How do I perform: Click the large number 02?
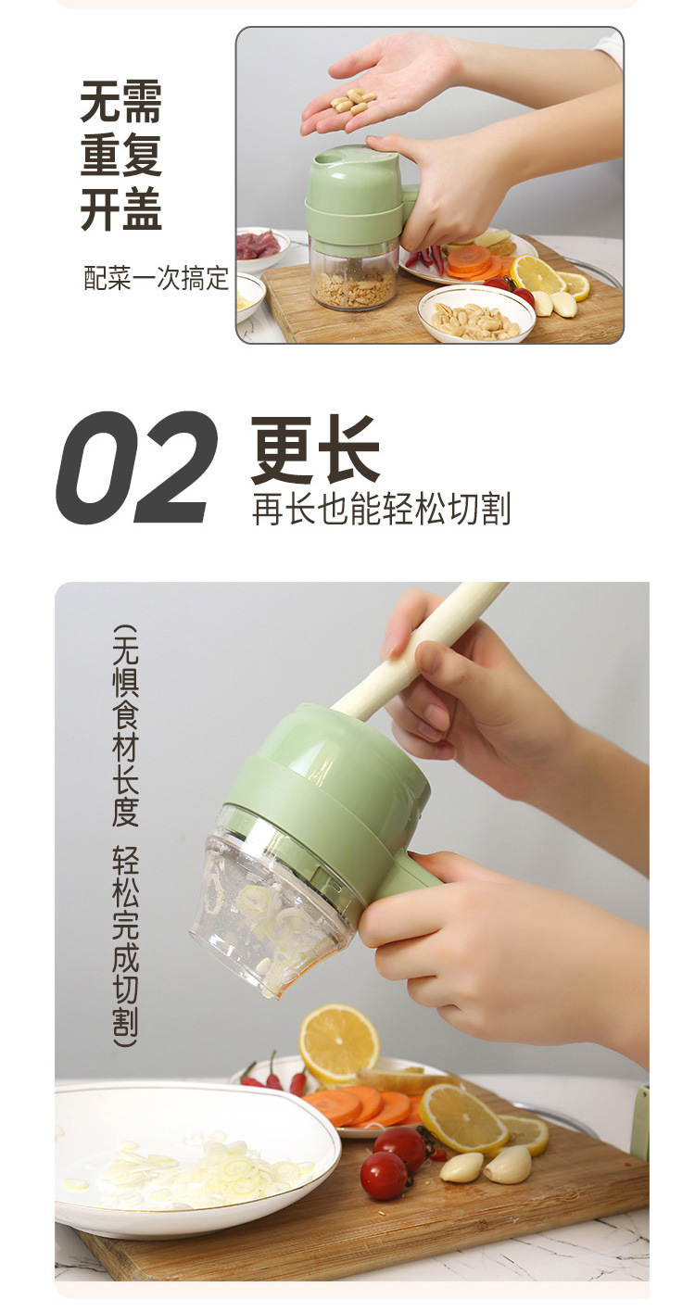click(x=137, y=469)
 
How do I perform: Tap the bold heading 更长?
click(x=315, y=450)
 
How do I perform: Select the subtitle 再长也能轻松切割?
click(x=381, y=510)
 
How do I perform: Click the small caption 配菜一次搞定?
click(x=156, y=279)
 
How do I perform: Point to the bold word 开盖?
click(x=120, y=210)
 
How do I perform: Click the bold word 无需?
click(x=120, y=102)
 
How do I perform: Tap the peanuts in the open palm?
click(x=354, y=101)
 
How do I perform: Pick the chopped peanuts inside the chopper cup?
click(x=354, y=289)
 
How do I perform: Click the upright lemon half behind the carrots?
click(x=338, y=1043)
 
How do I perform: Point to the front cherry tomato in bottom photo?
click(x=384, y=1175)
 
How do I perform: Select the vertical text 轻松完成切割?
click(x=126, y=945)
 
